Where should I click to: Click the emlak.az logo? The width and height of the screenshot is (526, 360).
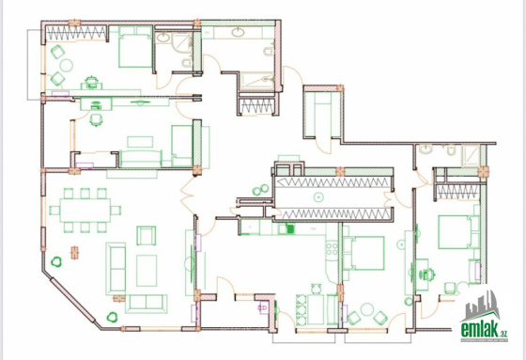[x=484, y=317]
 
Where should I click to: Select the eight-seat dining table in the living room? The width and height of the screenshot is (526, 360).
[x=85, y=211]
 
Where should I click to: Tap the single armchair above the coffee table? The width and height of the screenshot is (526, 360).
[x=146, y=235]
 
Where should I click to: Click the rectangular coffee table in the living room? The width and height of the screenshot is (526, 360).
[x=147, y=271]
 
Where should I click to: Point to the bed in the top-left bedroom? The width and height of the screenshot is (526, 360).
[x=135, y=47]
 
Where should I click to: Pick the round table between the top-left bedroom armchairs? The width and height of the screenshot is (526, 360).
[x=66, y=65]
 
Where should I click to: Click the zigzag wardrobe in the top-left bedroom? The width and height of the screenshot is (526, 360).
[x=76, y=33]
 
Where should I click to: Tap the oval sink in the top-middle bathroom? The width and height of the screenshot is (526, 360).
[x=238, y=33]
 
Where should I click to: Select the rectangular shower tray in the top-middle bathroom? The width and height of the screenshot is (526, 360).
[x=257, y=81]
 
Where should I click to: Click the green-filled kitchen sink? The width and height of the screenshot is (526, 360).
[x=290, y=229]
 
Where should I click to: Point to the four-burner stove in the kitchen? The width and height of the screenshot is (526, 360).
[x=333, y=249]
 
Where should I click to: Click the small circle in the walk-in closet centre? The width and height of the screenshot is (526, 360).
[x=318, y=197]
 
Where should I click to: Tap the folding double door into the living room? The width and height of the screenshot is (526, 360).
[x=187, y=196]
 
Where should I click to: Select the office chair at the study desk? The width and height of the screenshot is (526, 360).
[x=96, y=119]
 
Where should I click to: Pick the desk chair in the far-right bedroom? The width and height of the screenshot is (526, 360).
[x=426, y=274]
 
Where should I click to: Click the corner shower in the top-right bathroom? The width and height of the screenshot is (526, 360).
[x=471, y=155]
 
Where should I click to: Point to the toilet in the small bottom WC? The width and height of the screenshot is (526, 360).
[x=263, y=307]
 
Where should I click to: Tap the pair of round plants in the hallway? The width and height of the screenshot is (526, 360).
[x=261, y=190]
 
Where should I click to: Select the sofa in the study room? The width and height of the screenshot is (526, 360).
[x=141, y=159]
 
